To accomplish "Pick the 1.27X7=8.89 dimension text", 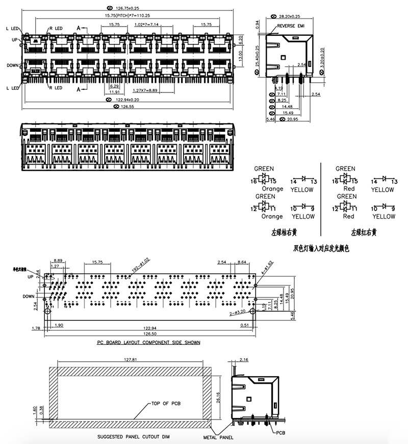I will tap(145, 90).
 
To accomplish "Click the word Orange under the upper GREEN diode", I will tap(272, 189).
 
